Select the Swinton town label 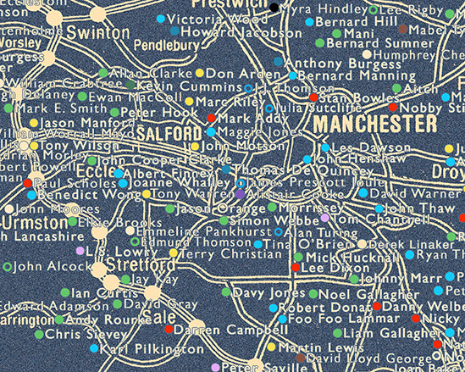pyautogui.click(x=96, y=32)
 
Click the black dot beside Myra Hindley pyautogui.click(x=274, y=8)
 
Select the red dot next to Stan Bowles pyautogui.click(x=313, y=97)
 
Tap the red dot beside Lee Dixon pyautogui.click(x=295, y=268)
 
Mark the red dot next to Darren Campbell pyautogui.click(x=169, y=329)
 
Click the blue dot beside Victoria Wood pyautogui.click(x=162, y=19)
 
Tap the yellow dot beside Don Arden pyautogui.click(x=200, y=74)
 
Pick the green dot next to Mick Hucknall pyautogui.click(x=297, y=256)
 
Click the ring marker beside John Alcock pyautogui.click(x=8, y=266)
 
